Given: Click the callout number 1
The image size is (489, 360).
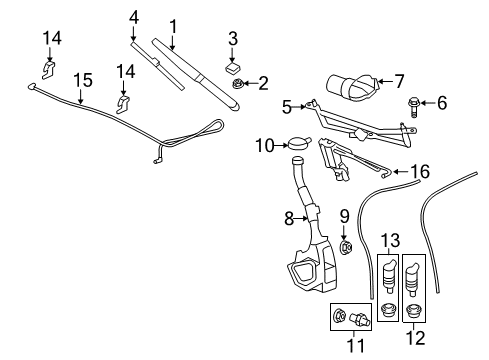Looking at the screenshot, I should tap(172, 24).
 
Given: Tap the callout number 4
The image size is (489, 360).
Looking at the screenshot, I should tap(134, 17).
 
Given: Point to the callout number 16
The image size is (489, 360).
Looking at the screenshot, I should tap(421, 172).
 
